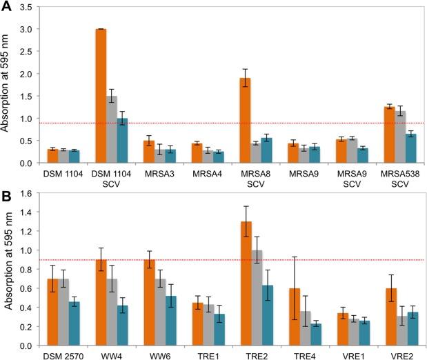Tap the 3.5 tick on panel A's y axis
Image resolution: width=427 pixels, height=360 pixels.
(28, 7)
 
